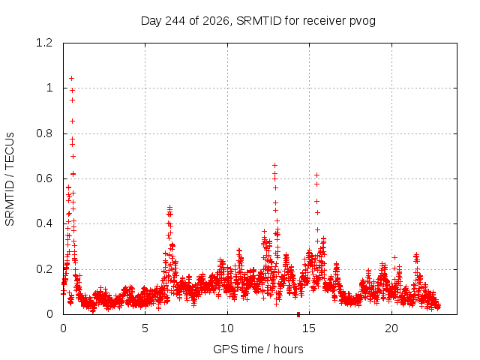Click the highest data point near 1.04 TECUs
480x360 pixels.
72,78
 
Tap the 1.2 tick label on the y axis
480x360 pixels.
44,43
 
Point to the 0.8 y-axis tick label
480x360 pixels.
44,133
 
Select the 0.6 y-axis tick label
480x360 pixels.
44,178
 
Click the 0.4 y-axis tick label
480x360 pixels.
44,223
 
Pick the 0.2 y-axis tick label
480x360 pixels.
44,269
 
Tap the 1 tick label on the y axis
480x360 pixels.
49,88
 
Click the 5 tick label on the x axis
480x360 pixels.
145,328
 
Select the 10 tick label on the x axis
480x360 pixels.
227,328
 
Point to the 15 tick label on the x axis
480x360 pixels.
309,328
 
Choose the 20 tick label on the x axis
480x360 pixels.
391,328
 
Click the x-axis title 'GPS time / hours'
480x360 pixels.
258,349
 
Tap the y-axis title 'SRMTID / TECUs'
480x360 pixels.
10,179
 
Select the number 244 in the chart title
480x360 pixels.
175,21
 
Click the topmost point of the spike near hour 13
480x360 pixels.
275,165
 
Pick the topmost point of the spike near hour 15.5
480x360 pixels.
317,175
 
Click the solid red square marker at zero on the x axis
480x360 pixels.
298,314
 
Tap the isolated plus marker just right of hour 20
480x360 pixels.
395,258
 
